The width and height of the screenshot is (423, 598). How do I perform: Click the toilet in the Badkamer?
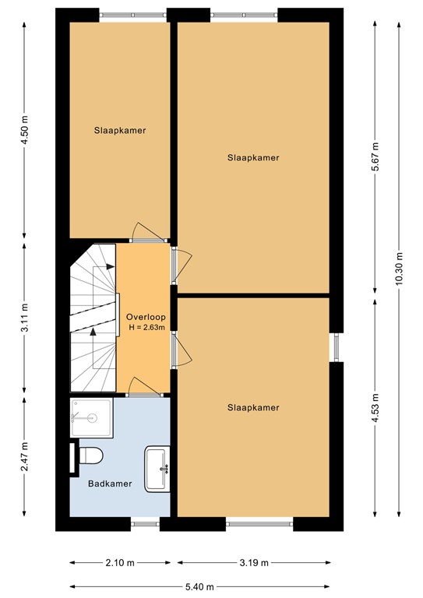click(92, 456)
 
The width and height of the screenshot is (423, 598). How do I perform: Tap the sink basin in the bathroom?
click(157, 469)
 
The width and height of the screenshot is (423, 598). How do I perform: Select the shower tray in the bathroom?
click(92, 417)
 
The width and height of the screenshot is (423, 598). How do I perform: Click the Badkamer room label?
click(110, 484)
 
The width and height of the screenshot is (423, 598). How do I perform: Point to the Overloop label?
click(146, 317)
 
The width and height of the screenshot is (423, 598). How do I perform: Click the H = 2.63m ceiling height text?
click(147, 327)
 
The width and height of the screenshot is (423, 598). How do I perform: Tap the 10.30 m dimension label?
click(399, 269)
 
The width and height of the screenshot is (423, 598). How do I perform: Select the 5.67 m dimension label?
click(375, 157)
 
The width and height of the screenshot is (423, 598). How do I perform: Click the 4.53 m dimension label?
click(375, 407)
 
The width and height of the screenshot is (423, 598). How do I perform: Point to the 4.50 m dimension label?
click(25, 129)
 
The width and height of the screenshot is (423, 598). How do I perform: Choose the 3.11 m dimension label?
click(25, 318)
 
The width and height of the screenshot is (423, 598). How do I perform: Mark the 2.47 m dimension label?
click(25, 456)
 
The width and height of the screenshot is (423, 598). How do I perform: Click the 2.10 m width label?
click(120, 562)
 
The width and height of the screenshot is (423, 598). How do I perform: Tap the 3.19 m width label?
click(254, 562)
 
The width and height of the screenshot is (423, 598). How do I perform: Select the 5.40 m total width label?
click(199, 586)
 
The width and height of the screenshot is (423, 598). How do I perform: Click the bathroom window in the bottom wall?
click(146, 523)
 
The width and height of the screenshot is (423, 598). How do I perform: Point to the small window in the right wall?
click(337, 347)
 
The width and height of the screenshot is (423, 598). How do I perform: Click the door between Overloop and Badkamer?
click(144, 387)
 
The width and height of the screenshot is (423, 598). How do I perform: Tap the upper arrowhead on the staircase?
click(111, 266)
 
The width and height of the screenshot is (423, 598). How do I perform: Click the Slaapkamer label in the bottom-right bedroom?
click(253, 408)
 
